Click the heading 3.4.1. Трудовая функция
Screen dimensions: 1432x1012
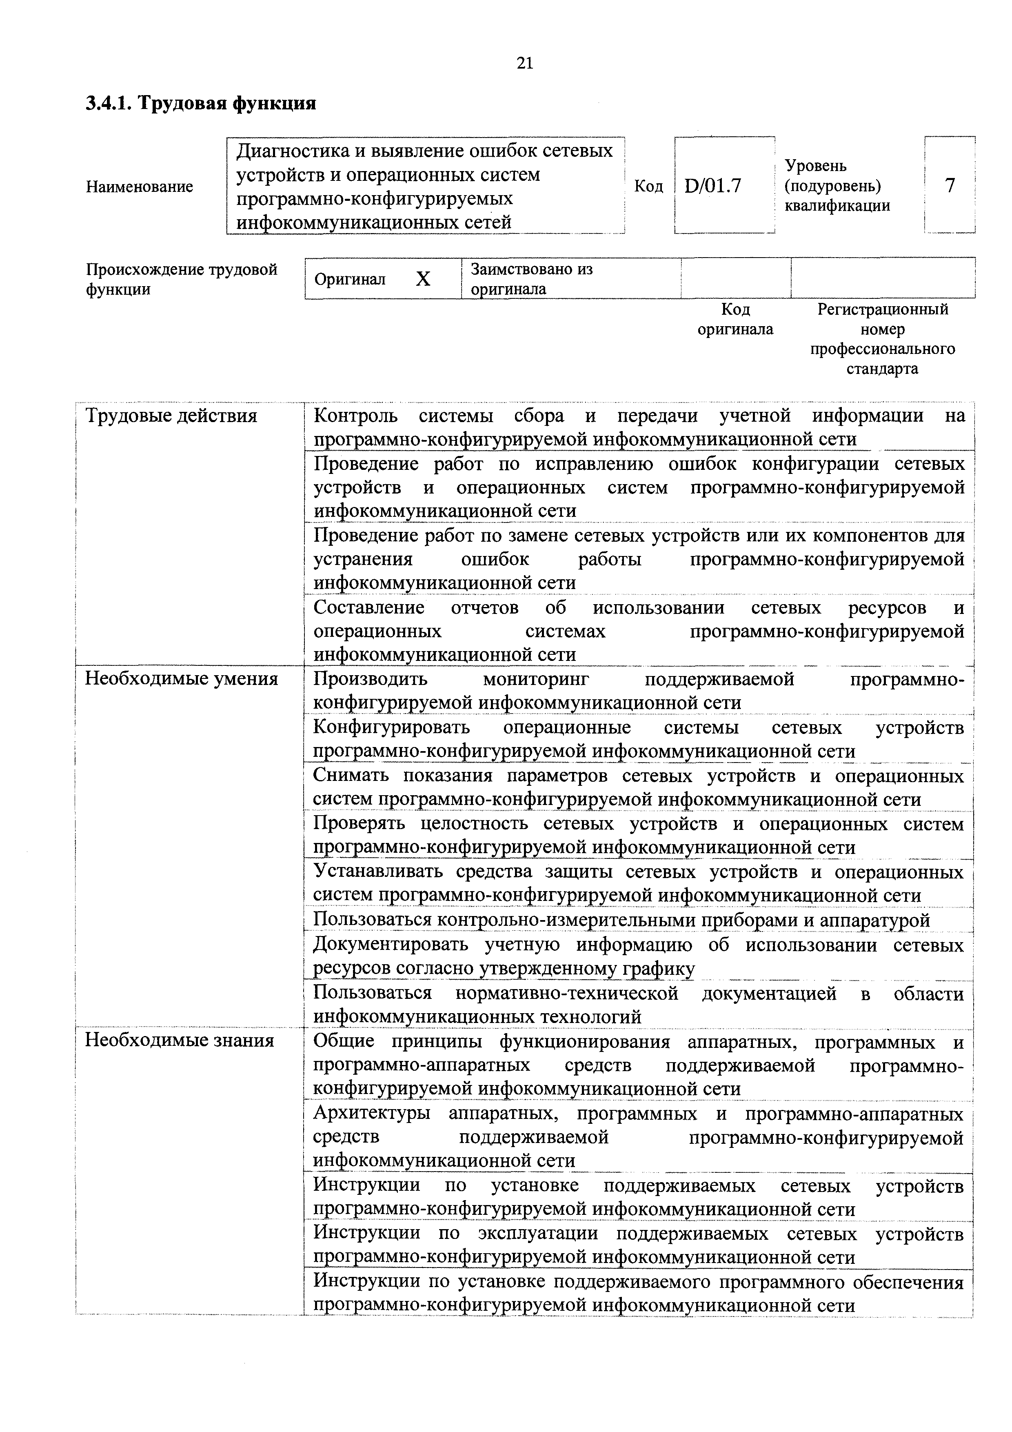point(201,103)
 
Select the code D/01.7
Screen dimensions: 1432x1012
point(713,186)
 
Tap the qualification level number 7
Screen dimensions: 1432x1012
point(950,185)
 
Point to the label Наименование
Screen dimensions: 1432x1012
point(139,187)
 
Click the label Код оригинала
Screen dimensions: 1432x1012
point(735,319)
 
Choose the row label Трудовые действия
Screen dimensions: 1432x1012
point(171,416)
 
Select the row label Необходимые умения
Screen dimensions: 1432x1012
point(181,678)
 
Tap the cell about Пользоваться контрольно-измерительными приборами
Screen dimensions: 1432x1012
point(621,920)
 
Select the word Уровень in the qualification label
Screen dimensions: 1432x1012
point(816,166)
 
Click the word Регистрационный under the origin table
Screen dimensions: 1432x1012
point(882,309)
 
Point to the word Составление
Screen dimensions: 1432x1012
point(368,607)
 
